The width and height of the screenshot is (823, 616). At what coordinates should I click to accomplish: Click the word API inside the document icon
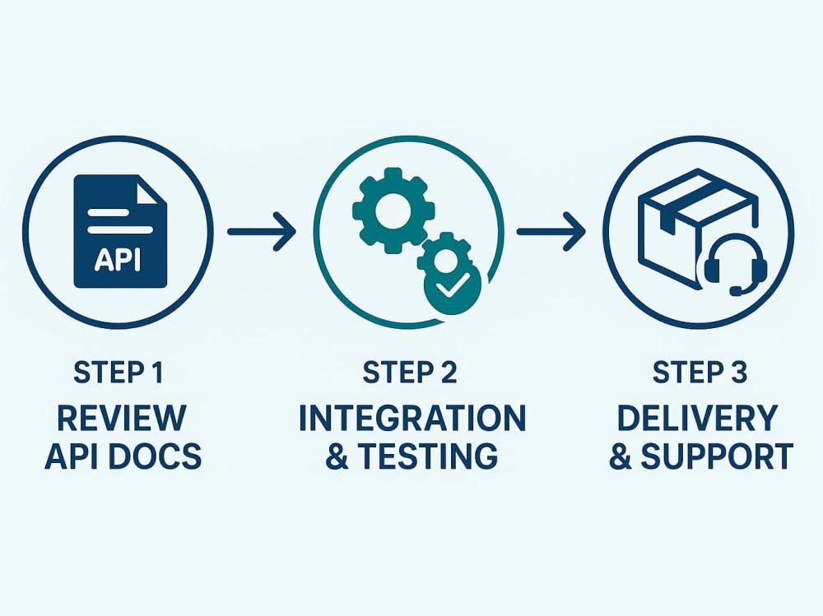[118, 259]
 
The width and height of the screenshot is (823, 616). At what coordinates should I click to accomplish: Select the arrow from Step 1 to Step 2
[262, 231]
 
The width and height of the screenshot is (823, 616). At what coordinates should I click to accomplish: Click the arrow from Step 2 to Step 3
[551, 231]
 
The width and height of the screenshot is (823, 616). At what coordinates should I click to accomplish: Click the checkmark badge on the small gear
[453, 286]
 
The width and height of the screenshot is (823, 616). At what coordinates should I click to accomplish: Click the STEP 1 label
[119, 373]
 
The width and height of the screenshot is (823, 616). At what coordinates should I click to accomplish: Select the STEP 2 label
[409, 373]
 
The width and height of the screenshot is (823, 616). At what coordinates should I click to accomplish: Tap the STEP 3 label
[700, 373]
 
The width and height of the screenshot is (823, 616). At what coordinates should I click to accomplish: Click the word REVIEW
[121, 417]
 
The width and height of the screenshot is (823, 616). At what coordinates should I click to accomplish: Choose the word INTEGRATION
[412, 418]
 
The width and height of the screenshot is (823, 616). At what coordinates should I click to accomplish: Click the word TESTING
[428, 456]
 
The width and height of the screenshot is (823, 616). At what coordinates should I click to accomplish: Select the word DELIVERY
[697, 418]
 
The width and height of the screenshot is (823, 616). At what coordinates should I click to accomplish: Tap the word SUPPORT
[717, 456]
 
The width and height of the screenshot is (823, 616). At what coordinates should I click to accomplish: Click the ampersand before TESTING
[337, 456]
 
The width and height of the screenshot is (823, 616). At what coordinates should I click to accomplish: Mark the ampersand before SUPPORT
[621, 456]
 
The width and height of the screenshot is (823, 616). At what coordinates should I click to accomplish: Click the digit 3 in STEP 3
[738, 373]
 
